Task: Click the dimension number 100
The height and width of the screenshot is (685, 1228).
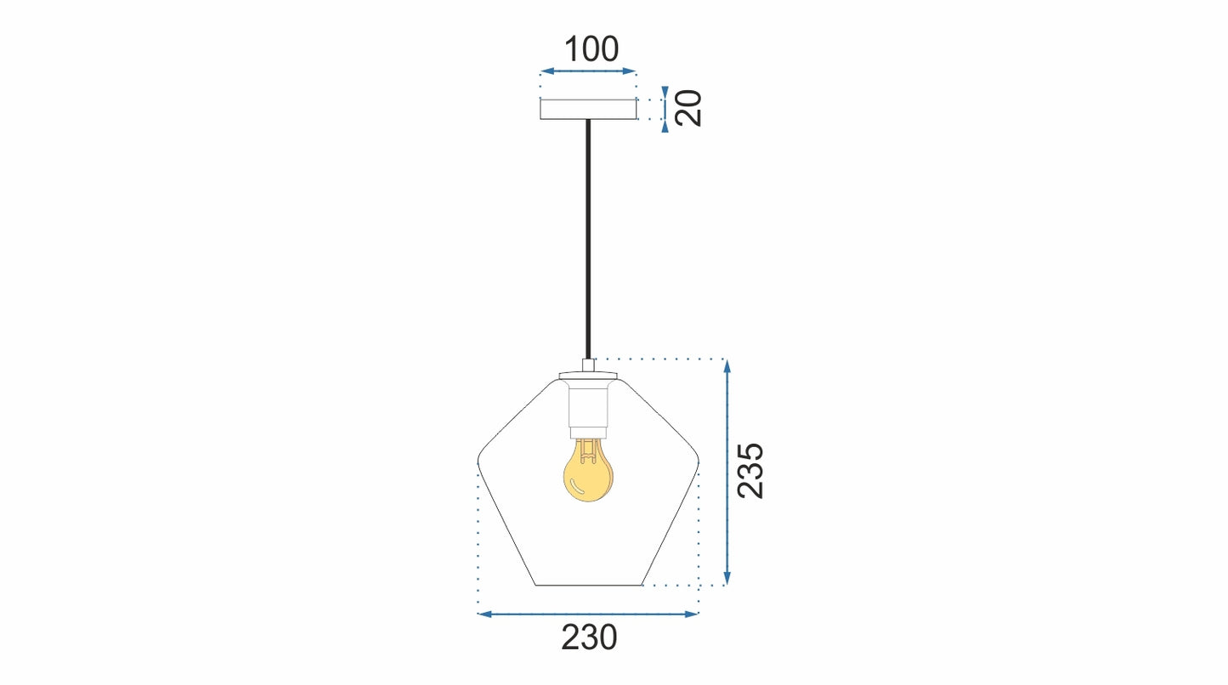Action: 591,50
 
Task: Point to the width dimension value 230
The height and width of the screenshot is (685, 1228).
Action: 589,637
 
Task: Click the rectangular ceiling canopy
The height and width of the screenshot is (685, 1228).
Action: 588,109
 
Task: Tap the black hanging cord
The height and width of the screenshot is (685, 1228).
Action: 587,238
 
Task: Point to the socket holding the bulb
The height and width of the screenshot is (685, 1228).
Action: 587,408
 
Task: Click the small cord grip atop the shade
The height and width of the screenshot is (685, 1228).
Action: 587,365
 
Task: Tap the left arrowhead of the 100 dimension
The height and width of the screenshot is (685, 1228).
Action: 545,71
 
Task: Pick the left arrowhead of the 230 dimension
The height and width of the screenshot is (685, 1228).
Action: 484,614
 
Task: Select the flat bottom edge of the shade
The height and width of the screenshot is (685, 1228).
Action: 588,586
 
